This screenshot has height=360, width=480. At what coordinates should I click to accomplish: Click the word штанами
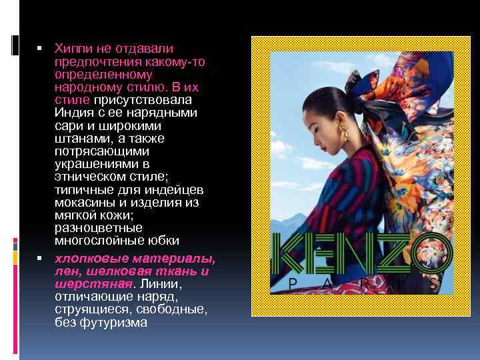(77, 139)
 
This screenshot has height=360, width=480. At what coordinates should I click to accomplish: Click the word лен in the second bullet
(65, 271)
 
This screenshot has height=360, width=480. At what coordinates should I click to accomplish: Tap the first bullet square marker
(40, 49)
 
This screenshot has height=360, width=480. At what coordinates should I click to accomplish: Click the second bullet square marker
(40, 258)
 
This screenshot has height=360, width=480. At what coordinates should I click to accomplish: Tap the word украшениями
(93, 164)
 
